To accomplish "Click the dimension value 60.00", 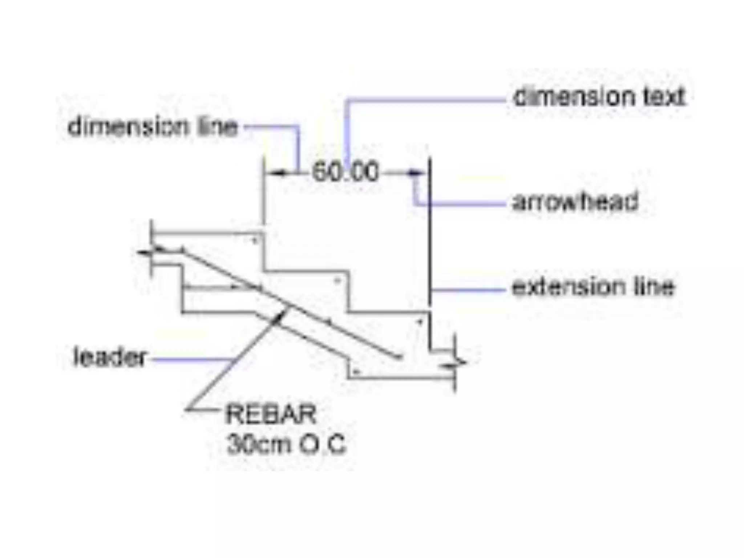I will [345, 172].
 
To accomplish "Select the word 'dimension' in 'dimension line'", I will [128, 127].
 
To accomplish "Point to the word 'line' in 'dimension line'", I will [217, 127].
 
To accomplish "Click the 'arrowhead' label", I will [575, 202].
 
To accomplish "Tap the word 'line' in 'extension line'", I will [654, 287].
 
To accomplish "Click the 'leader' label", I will [110, 357].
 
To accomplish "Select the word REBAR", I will [271, 414].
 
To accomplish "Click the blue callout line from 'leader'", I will [189, 360].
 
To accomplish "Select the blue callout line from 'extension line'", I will [469, 290].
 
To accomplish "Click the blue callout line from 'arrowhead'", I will [461, 205].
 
